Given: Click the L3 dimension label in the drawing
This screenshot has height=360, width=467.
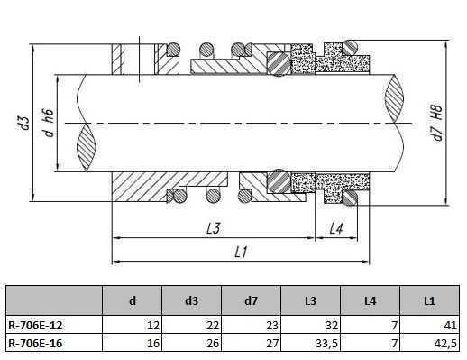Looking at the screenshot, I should [213, 229].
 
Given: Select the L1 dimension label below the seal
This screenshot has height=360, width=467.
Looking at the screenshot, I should [241, 254].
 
